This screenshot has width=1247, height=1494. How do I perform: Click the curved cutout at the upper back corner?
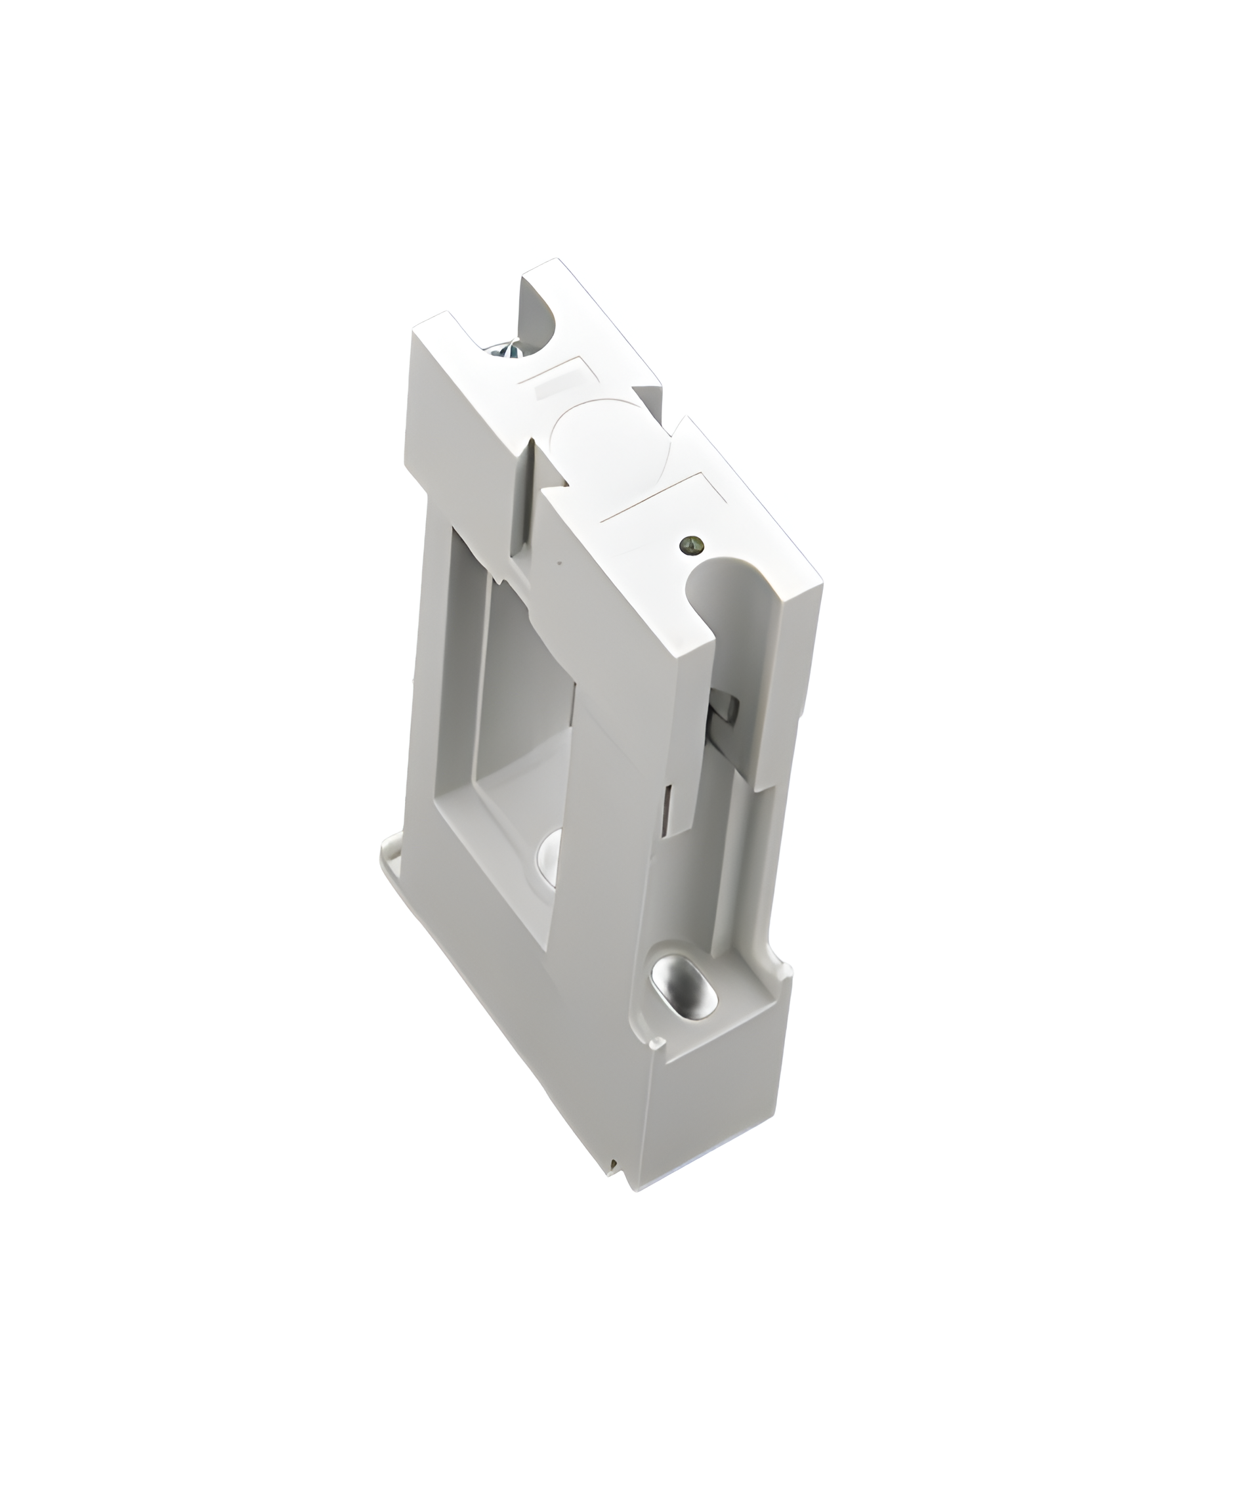(x=540, y=313)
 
